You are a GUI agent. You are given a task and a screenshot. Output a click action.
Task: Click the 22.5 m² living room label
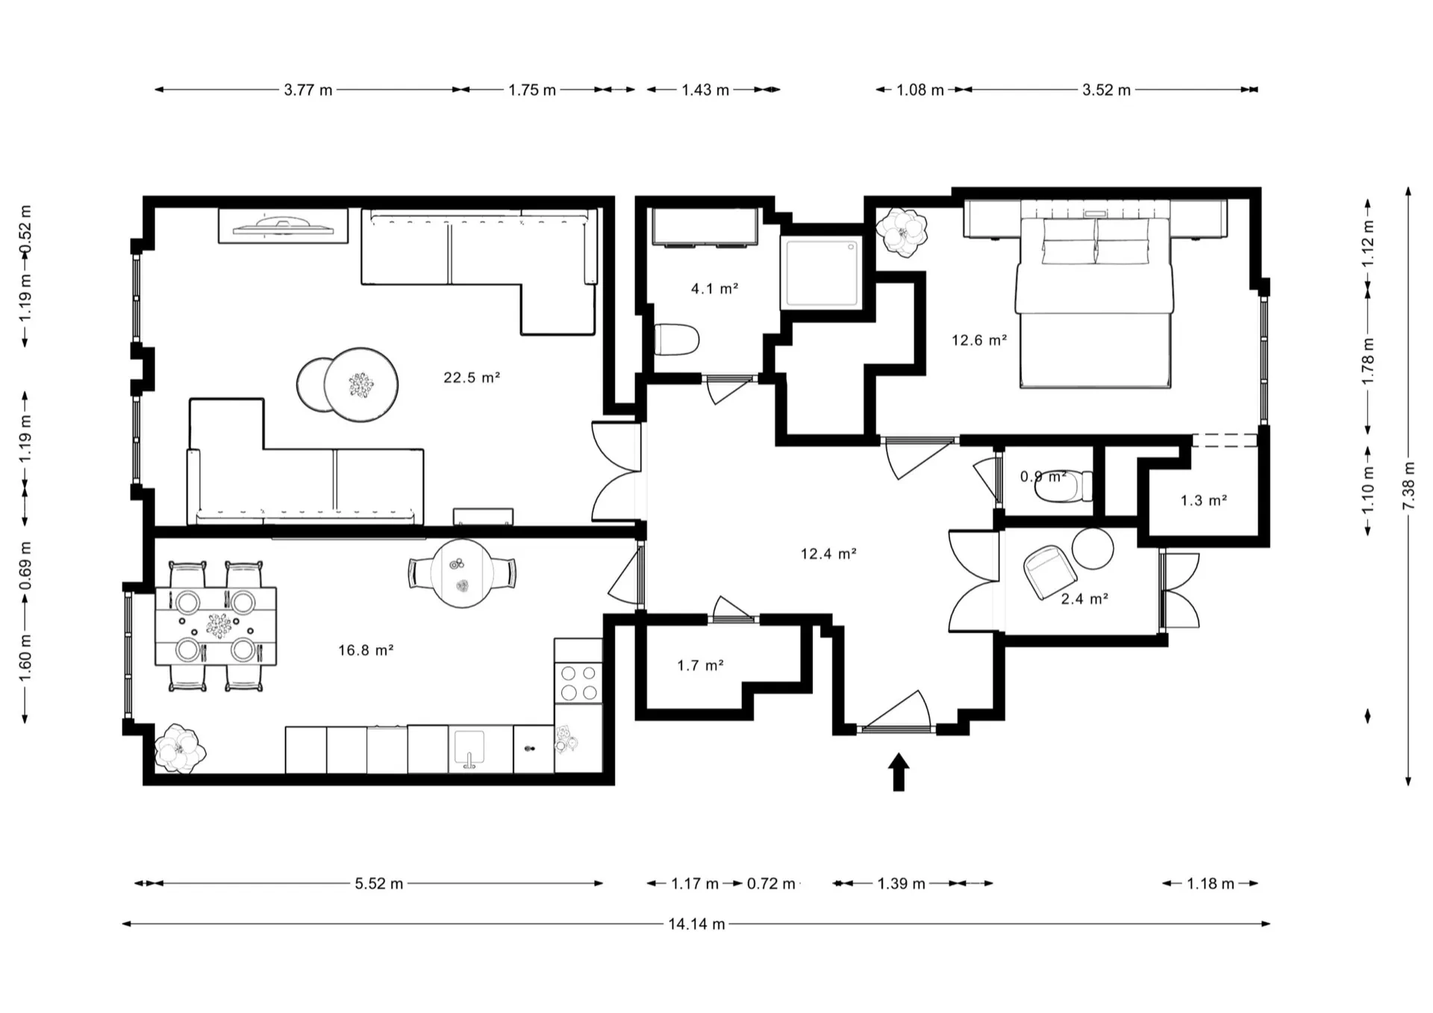(472, 378)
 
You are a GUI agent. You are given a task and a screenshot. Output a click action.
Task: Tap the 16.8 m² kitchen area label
(366, 650)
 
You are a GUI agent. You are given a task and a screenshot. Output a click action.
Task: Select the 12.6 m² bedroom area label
(979, 340)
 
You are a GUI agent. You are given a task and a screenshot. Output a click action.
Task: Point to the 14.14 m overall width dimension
(696, 924)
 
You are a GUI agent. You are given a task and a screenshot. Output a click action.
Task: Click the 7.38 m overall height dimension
(1408, 486)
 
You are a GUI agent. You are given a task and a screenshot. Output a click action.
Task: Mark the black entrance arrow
(899, 771)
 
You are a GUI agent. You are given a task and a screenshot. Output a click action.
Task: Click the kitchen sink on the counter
(469, 749)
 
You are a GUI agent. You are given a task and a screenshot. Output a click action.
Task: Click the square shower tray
(822, 272)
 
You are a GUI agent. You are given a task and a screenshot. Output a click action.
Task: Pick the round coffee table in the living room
(360, 385)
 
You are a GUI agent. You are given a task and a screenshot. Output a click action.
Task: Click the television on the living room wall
(283, 225)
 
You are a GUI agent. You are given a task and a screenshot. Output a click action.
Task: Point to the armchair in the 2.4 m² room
(1050, 570)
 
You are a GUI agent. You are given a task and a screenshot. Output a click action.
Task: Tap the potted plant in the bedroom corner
(902, 232)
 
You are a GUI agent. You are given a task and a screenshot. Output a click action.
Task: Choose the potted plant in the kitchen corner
(179, 748)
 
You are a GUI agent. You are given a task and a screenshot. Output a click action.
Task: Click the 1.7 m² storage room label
(700, 665)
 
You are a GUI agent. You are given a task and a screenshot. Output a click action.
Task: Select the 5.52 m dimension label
(379, 884)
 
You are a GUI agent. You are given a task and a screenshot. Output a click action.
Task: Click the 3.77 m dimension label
(308, 90)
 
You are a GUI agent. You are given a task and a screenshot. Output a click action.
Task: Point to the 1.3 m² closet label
(1204, 500)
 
